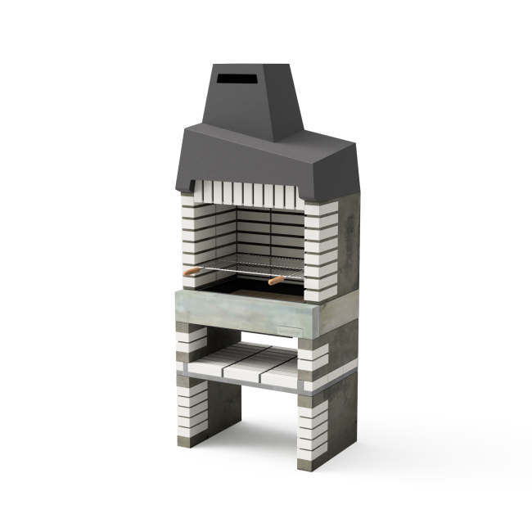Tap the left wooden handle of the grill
coord(191,271)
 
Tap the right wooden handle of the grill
coord(275,281)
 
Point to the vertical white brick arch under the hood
coord(246,195)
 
